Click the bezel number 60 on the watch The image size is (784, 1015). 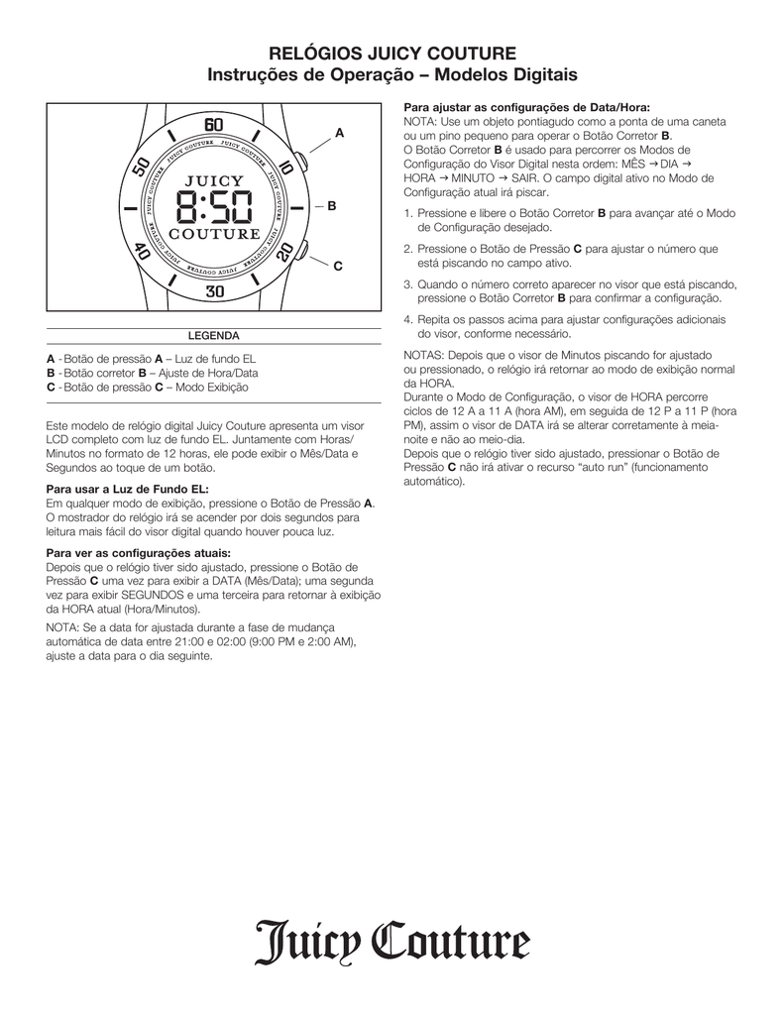pyautogui.click(x=214, y=126)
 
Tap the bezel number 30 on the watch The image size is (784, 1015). pyautogui.click(x=214, y=291)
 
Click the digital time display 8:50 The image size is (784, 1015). pyautogui.click(x=214, y=209)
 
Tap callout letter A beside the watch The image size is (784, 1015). pyautogui.click(x=339, y=132)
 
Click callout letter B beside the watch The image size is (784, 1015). pyautogui.click(x=332, y=206)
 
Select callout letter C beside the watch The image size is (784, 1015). pyautogui.click(x=337, y=266)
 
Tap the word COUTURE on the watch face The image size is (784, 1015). pyautogui.click(x=214, y=235)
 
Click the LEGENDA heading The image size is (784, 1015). pyautogui.click(x=214, y=336)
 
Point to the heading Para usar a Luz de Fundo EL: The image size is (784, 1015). pyautogui.click(x=128, y=489)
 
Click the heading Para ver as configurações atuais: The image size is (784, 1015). pyautogui.click(x=139, y=552)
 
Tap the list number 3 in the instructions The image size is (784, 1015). pyautogui.click(x=407, y=283)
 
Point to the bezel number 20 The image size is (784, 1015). pyautogui.click(x=286, y=252)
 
